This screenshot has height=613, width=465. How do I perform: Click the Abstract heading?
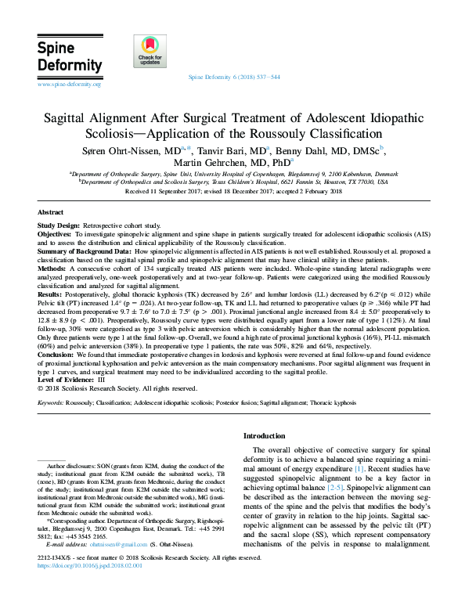coord(52,212)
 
